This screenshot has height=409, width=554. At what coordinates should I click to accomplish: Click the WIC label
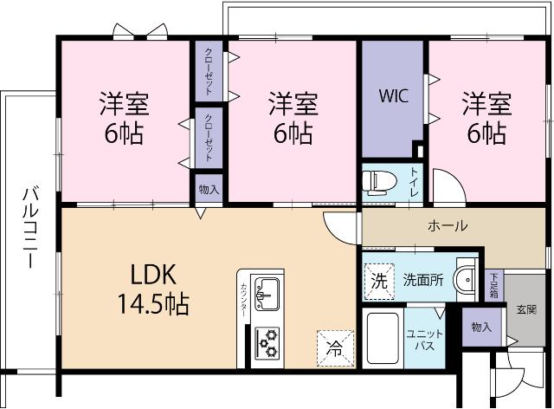(394, 94)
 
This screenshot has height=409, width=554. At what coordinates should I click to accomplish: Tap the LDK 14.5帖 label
(154, 289)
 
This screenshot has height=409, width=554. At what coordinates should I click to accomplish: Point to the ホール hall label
(448, 226)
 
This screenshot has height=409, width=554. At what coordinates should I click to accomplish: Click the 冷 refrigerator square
(333, 347)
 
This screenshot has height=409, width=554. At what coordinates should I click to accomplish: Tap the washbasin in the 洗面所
(465, 278)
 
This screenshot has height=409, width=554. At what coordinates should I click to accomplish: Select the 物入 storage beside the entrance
(481, 327)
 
